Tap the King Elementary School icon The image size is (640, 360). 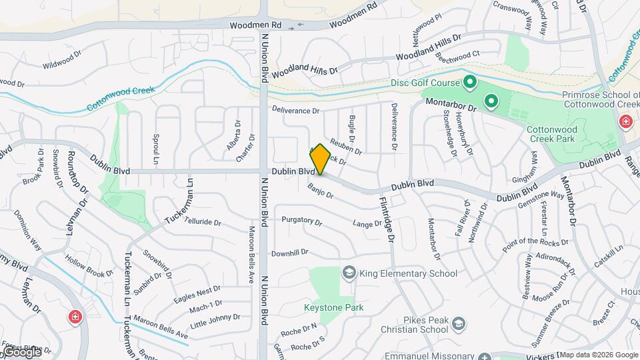(x=348, y=273)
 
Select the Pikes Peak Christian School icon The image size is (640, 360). (x=458, y=324)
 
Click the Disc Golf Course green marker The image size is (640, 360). (x=469, y=83)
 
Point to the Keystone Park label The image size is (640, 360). (x=334, y=307)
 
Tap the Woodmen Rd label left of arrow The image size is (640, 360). (x=256, y=25)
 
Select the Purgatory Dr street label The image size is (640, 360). (x=301, y=219)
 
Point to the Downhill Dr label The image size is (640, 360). (x=290, y=253)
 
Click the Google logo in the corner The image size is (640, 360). (x=22, y=351)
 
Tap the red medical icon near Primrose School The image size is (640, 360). (x=625, y=121)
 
